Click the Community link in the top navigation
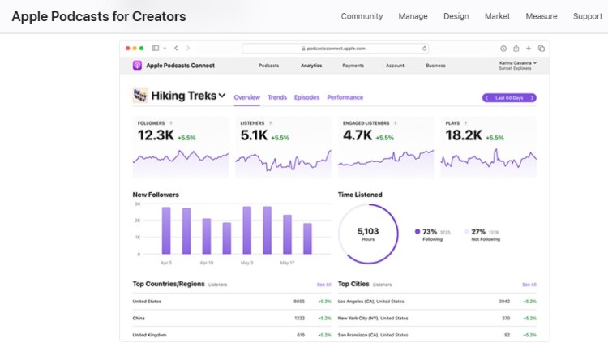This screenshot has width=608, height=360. [362, 16]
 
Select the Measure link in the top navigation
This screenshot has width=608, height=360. [541, 16]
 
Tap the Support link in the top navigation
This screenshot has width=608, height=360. [587, 16]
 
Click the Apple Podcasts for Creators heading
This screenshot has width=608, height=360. [98, 16]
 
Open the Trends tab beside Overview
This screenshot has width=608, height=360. [277, 97]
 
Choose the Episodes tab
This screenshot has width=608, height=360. [306, 97]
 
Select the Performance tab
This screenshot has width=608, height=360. [345, 97]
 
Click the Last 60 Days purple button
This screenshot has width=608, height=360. [509, 97]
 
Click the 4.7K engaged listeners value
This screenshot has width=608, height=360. [358, 136]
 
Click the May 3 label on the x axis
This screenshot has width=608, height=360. [246, 263]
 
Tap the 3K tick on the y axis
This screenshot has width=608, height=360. [137, 204]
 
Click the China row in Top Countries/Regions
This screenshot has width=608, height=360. [139, 318]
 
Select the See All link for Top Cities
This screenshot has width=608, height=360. [529, 285]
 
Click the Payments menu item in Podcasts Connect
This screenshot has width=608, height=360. [353, 66]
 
